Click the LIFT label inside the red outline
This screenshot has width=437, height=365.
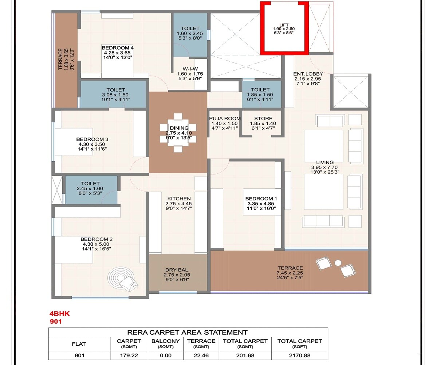coord(284,25)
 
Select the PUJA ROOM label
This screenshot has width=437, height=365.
coord(225,118)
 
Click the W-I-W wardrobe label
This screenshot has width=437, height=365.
coord(190,69)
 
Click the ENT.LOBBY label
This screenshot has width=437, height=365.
coord(308,74)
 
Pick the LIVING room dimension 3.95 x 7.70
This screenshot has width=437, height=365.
coord(324,168)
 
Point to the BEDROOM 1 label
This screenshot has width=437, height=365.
coord(261,199)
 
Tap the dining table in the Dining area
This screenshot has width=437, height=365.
coord(178,132)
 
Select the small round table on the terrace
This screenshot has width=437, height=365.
coord(338,262)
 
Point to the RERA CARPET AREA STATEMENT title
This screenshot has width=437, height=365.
coord(188,332)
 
